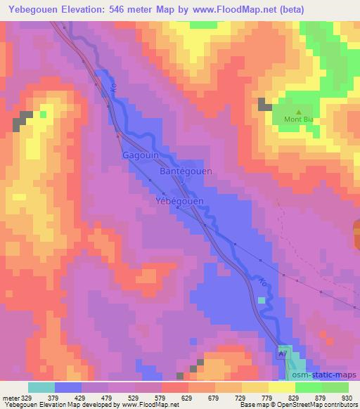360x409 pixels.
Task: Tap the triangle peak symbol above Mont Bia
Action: point(298,111)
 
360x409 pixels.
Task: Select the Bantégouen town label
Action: point(187,171)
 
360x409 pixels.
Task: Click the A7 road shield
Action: point(283,356)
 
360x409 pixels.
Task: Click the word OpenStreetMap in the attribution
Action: point(295,405)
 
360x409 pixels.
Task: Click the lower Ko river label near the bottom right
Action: point(263,283)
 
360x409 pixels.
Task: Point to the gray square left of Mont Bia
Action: point(265,105)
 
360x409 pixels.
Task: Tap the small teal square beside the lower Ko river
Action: point(262,300)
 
